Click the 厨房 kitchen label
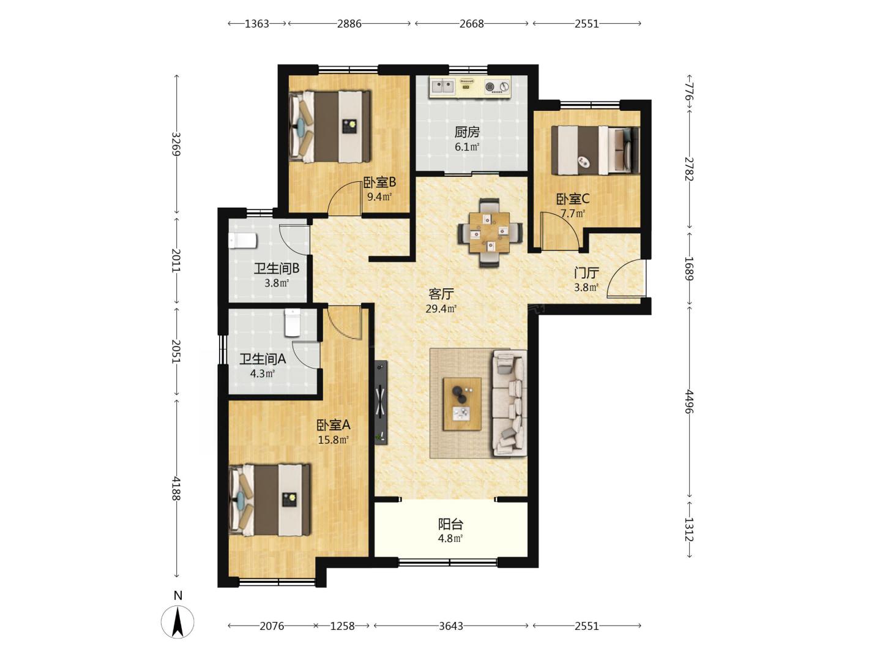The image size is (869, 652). [467, 132]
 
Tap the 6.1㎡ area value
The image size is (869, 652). [467, 147]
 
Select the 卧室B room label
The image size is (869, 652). [379, 182]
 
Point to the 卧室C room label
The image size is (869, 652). [573, 198]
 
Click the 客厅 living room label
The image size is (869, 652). [441, 294]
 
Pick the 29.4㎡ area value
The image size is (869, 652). [441, 309]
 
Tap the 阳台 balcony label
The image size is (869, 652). [450, 524]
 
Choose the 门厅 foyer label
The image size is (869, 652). [586, 273]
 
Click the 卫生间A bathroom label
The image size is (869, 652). [263, 359]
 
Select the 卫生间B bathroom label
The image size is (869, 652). [277, 268]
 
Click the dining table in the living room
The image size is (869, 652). [490, 233]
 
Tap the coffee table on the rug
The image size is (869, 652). [462, 404]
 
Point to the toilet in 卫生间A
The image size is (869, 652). [293, 323]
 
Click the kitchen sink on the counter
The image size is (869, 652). [442, 86]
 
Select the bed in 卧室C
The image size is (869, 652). [595, 150]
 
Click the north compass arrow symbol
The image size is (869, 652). [177, 622]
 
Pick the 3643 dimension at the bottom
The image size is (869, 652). [451, 626]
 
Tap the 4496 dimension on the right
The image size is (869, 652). [689, 402]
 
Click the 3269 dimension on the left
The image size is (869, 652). [177, 144]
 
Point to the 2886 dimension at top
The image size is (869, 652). [349, 24]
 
